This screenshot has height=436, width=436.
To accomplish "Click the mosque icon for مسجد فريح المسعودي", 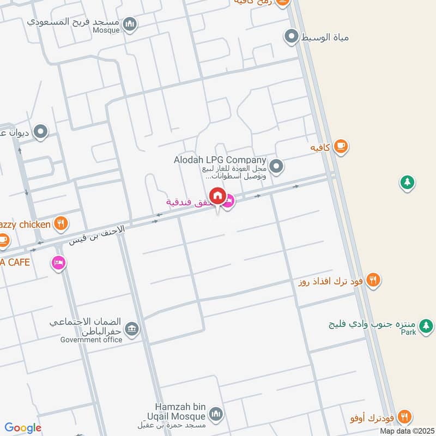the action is pos(130,24).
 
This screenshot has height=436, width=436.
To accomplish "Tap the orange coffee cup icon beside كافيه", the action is pos(341,147).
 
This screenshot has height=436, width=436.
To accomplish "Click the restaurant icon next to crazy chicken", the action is pos(60,223).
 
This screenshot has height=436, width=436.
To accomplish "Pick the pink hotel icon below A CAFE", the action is pos(57,263).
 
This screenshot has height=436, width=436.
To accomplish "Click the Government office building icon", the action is pos(131,329).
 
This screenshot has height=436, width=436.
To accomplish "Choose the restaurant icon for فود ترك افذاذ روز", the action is pos(373,280).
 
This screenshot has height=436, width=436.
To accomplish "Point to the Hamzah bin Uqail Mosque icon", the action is pos(217,415).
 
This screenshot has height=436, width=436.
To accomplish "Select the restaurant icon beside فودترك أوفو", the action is pos(404,416).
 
